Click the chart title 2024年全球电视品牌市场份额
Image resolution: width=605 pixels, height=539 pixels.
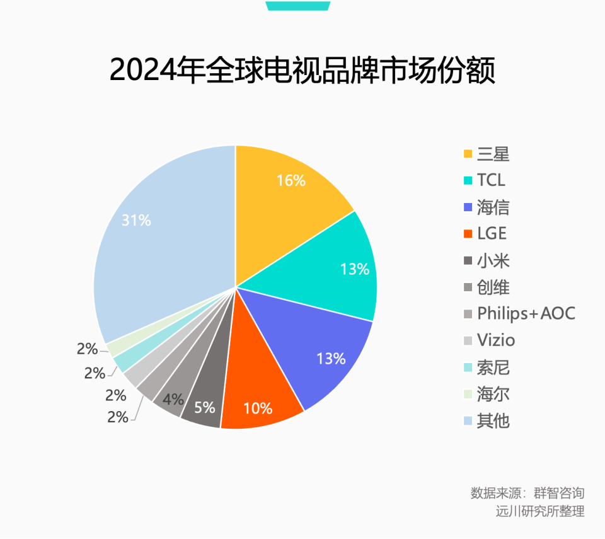point(302,70)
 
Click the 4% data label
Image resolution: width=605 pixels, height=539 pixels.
point(173,400)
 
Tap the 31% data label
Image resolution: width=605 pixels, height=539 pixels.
point(136,221)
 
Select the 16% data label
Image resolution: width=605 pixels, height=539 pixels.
point(291,180)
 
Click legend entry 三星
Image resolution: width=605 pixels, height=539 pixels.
point(493,154)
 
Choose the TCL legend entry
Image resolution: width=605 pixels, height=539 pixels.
point(491,180)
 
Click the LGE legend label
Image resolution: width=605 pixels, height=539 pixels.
point(492,234)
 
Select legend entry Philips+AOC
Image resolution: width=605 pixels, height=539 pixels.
point(526,313)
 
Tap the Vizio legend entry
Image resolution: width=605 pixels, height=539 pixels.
point(495,340)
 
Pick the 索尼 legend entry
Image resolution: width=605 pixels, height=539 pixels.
point(493,367)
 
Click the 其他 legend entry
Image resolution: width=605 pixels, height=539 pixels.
point(493,420)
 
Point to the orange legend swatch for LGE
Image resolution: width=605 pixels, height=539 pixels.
point(468,235)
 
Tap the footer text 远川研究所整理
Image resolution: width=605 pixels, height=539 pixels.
point(539,511)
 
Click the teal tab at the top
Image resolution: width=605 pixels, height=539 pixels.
point(297,5)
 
